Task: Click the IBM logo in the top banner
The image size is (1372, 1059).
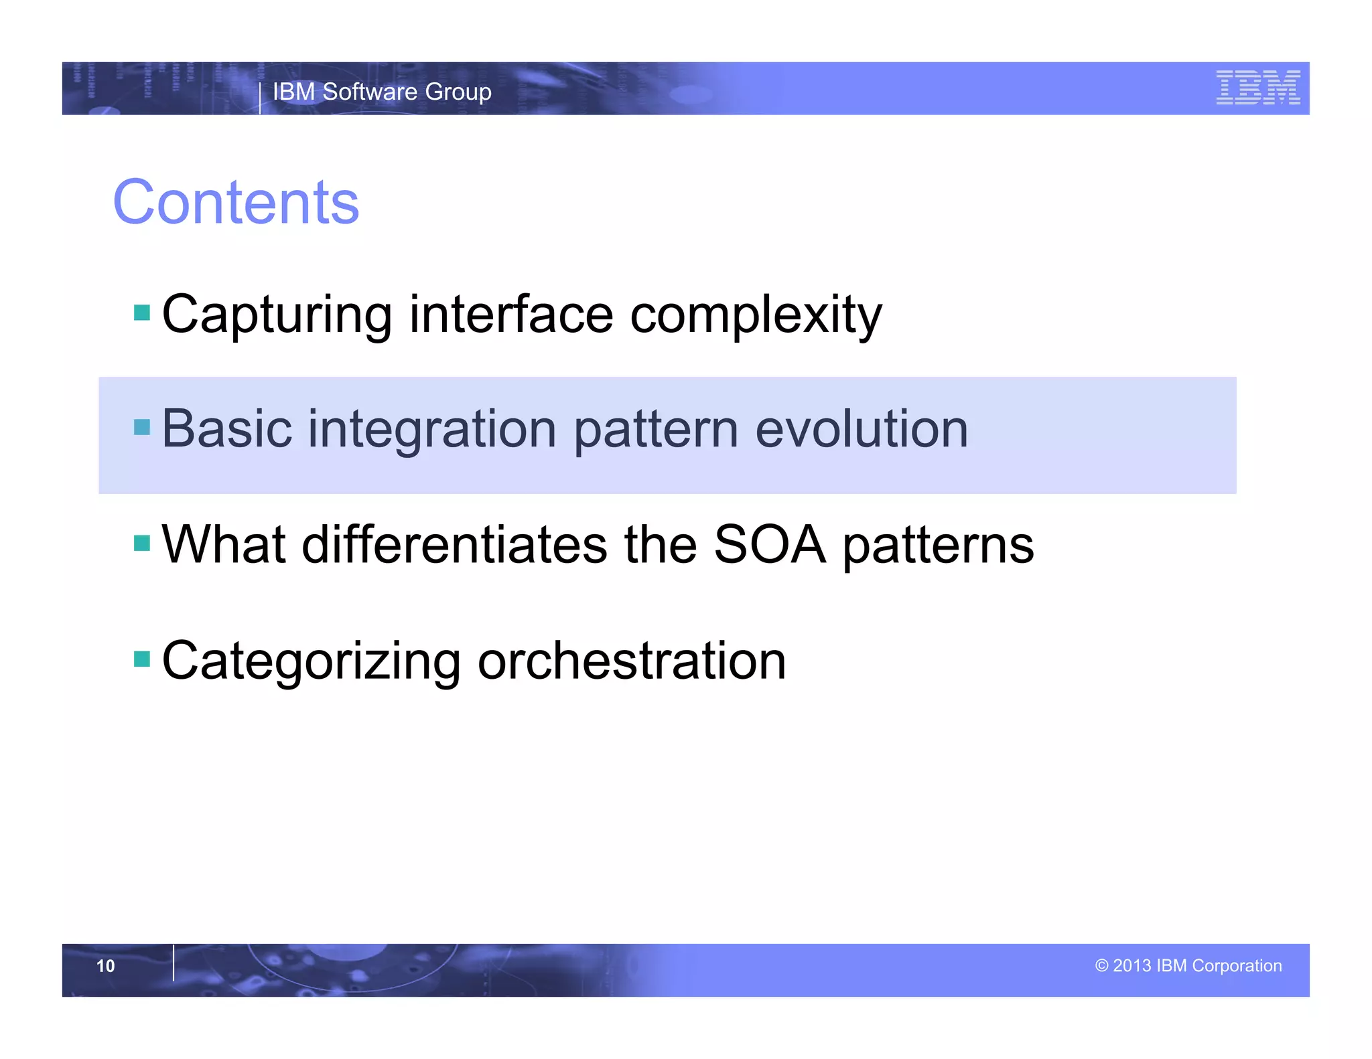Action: pyautogui.click(x=1257, y=88)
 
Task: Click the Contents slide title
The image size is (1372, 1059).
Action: pyautogui.click(x=236, y=202)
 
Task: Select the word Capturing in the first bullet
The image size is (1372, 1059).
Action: pyautogui.click(x=277, y=315)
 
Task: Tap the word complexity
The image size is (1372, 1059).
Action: pyautogui.click(x=756, y=315)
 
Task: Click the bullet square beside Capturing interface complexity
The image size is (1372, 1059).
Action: pyautogui.click(x=142, y=313)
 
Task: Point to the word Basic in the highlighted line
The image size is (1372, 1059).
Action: pyautogui.click(x=226, y=429)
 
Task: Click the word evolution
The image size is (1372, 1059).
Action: pyautogui.click(x=862, y=429)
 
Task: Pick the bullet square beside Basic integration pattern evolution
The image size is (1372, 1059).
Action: pyautogui.click(x=142, y=427)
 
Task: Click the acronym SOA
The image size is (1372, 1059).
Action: pyautogui.click(x=769, y=544)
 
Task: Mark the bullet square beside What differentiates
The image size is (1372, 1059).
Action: pyautogui.click(x=142, y=543)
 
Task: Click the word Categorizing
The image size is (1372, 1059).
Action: pyautogui.click(x=311, y=661)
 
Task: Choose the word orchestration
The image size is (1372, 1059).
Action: pyautogui.click(x=631, y=660)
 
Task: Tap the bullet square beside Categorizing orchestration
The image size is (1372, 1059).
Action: pyautogui.click(x=142, y=659)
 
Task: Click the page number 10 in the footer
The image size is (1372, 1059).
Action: pyautogui.click(x=106, y=966)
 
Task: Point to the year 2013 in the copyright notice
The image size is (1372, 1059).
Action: pyautogui.click(x=1131, y=966)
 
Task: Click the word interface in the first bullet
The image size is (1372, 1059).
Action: pyautogui.click(x=511, y=315)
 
